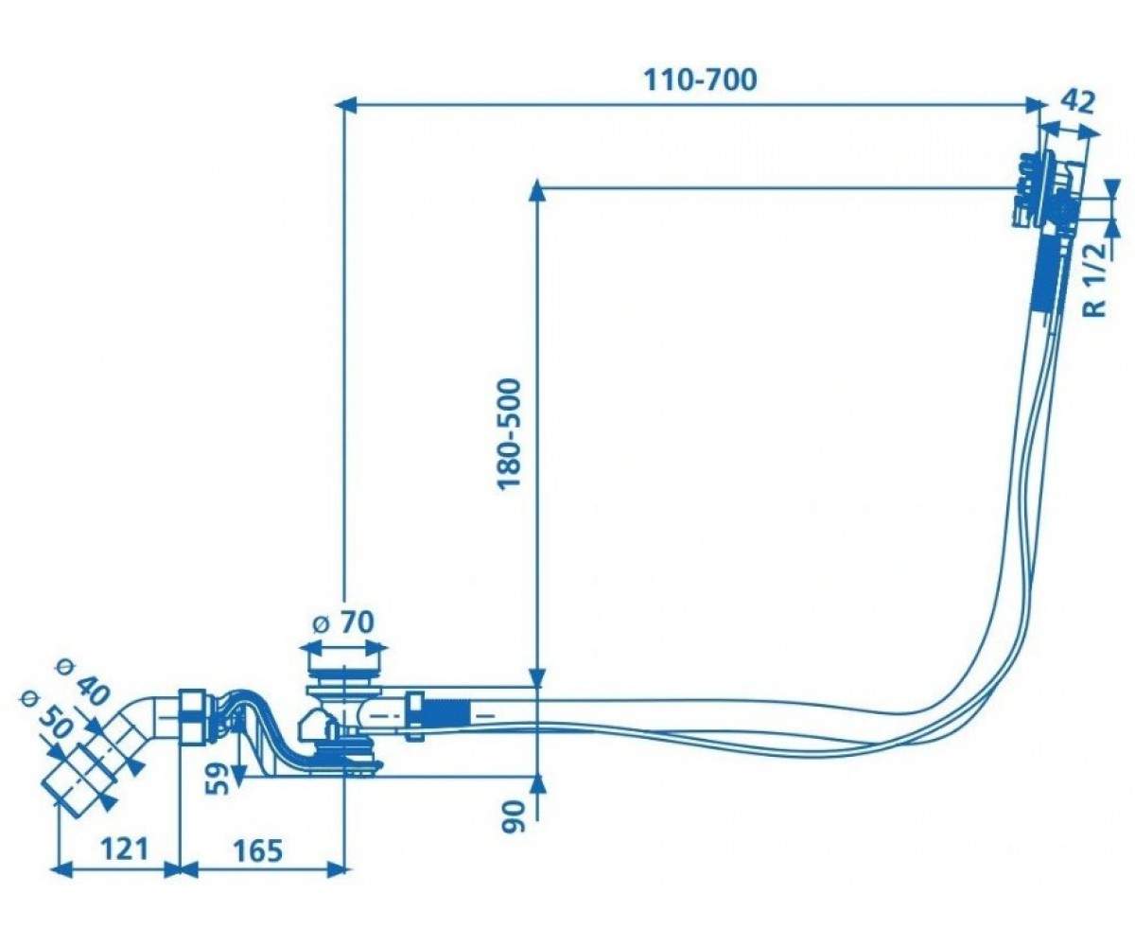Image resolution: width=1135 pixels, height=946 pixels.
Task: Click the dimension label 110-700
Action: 700,79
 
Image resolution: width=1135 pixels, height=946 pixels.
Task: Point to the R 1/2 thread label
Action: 1097,280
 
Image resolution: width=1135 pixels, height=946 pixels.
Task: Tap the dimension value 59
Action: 218,780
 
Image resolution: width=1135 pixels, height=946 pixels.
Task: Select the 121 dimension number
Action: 125,849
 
